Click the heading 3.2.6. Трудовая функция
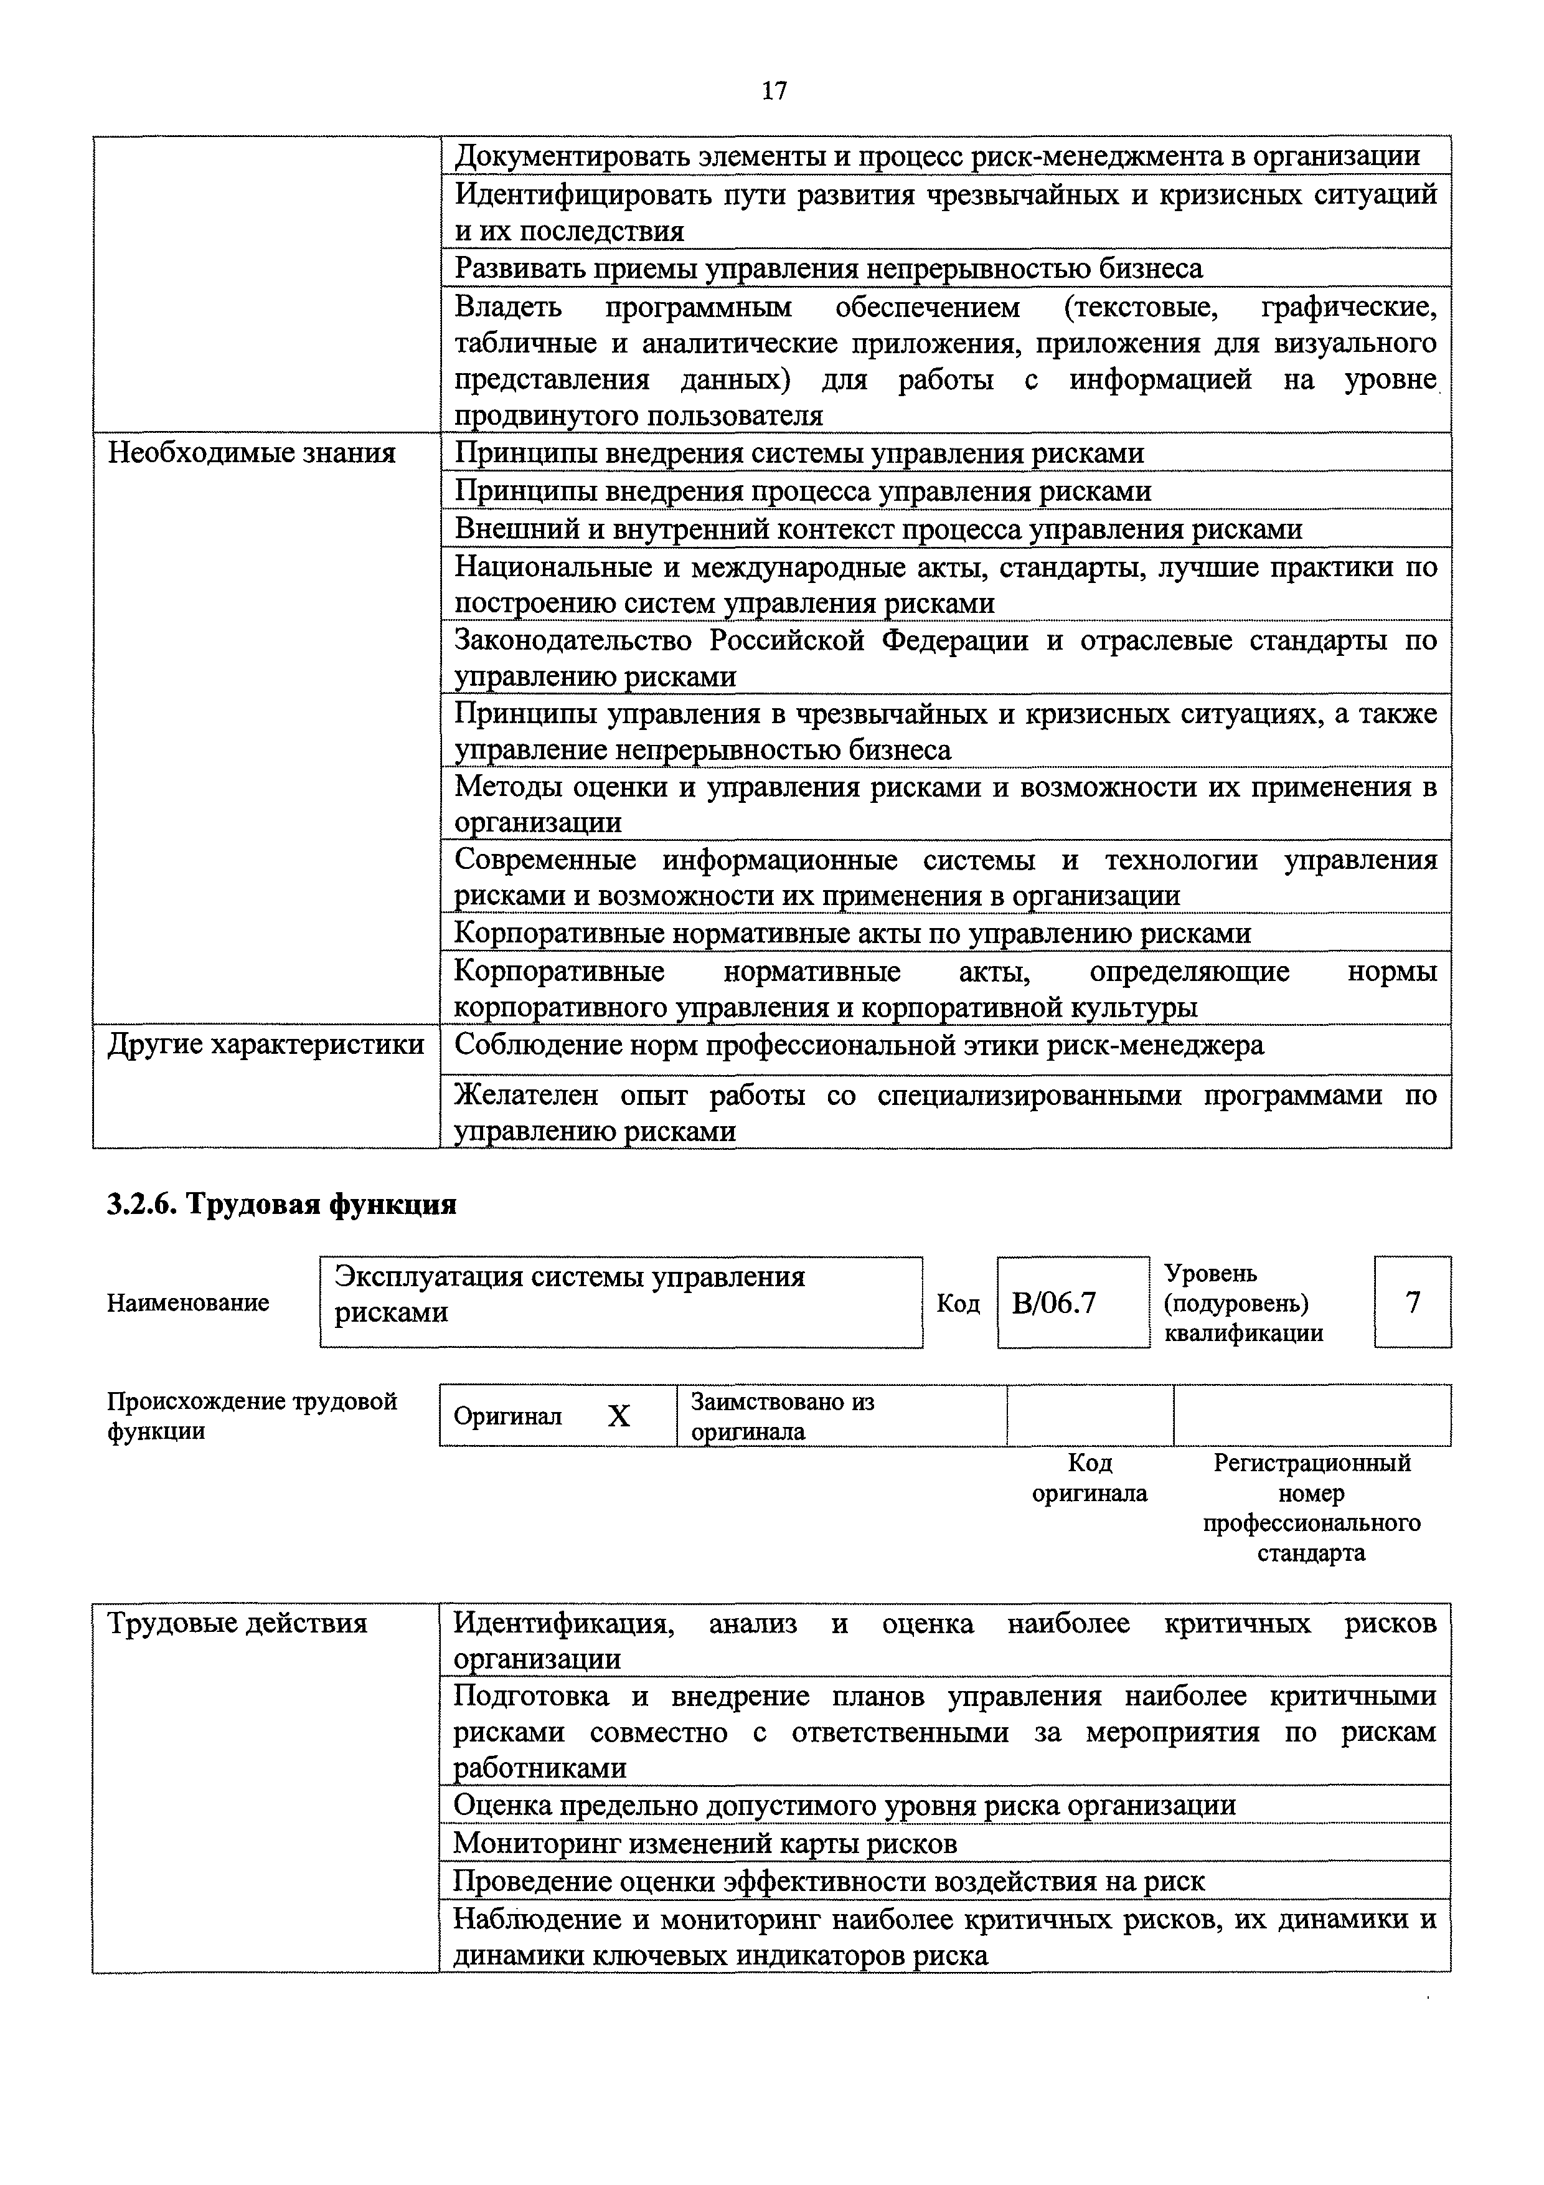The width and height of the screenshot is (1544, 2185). (x=281, y=1205)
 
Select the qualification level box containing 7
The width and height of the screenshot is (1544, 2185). (x=1412, y=1302)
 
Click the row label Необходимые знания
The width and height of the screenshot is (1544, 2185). (x=252, y=453)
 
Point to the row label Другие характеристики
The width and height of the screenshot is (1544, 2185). (x=265, y=1045)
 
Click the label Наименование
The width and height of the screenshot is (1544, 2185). (x=189, y=1303)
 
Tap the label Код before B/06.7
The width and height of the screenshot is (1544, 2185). (x=958, y=1303)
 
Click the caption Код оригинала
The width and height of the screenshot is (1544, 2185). (x=1090, y=1478)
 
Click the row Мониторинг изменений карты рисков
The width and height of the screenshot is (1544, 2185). (x=705, y=1843)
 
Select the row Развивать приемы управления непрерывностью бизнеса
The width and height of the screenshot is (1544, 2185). (x=829, y=268)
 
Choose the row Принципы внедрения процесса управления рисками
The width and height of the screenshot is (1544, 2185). (x=803, y=491)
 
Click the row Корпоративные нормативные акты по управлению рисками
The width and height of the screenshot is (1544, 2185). (x=852, y=934)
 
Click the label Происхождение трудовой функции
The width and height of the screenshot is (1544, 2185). (x=252, y=1416)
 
